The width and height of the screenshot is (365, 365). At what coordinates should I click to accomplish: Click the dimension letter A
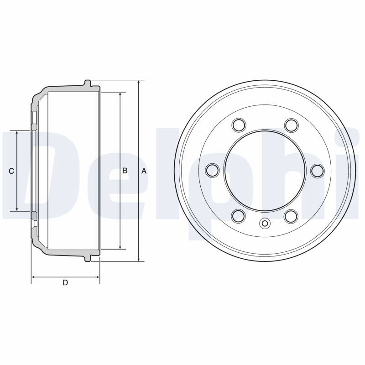point(144,171)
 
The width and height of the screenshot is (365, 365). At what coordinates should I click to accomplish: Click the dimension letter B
point(125,171)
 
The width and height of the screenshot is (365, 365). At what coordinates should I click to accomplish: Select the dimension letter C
point(11,171)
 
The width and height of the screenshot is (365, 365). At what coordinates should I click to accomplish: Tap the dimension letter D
point(65,282)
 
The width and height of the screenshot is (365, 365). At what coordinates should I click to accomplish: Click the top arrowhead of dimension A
point(139,82)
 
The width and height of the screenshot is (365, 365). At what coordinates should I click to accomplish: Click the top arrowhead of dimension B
point(120,94)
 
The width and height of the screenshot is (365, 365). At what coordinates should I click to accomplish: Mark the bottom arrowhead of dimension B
point(120,247)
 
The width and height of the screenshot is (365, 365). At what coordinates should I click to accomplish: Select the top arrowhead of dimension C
point(17,133)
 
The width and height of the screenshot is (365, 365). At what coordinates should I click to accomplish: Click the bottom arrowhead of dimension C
point(17,209)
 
